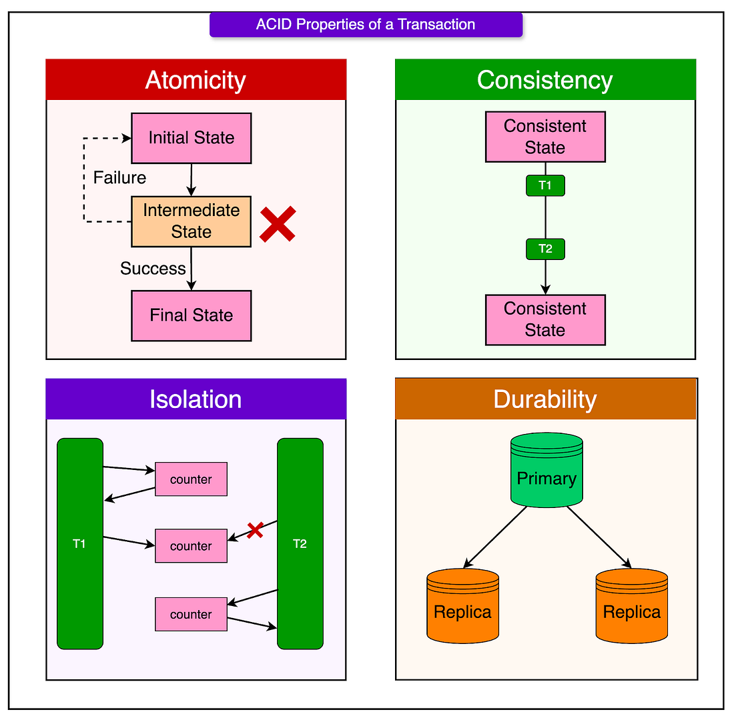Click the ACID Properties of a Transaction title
(x=366, y=24)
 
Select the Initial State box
(x=192, y=138)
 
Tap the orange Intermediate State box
(x=192, y=221)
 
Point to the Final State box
(x=192, y=316)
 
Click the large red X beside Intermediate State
(x=278, y=224)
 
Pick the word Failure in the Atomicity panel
(x=119, y=178)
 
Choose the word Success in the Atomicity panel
(x=153, y=269)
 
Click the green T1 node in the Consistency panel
(x=545, y=185)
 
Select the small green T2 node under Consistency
(x=545, y=249)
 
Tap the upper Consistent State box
(x=545, y=137)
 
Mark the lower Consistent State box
(x=545, y=320)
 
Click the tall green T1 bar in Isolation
(x=80, y=543)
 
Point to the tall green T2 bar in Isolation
(x=300, y=543)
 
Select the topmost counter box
(x=191, y=479)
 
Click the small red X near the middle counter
(x=255, y=530)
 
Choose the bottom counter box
(x=191, y=614)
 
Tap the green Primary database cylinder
(x=546, y=470)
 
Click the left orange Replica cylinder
(x=463, y=606)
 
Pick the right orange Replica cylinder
(x=632, y=606)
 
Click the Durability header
(x=546, y=399)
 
